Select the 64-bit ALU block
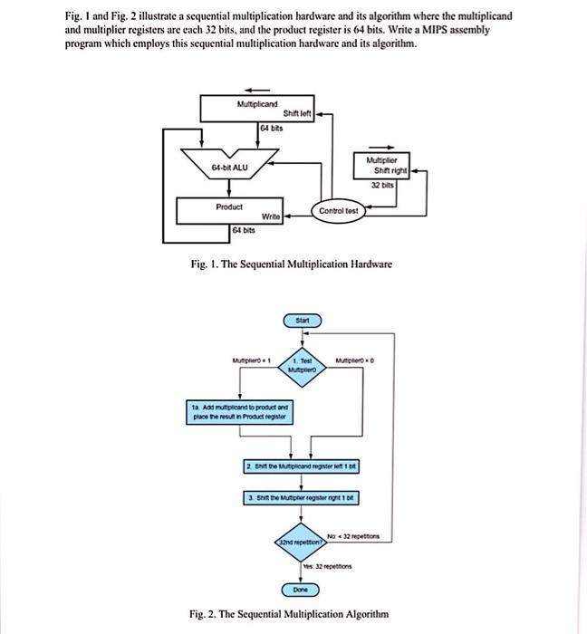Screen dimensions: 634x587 [x=229, y=168]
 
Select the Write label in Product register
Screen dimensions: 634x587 [x=270, y=216]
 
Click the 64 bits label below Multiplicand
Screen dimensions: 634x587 [x=271, y=130]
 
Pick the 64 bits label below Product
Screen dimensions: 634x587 [x=244, y=232]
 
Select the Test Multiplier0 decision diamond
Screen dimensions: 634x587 [x=303, y=366]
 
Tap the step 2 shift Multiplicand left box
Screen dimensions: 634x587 [x=303, y=466]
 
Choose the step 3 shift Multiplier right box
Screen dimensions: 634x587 [x=303, y=498]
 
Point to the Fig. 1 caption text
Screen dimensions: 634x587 [x=291, y=264]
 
